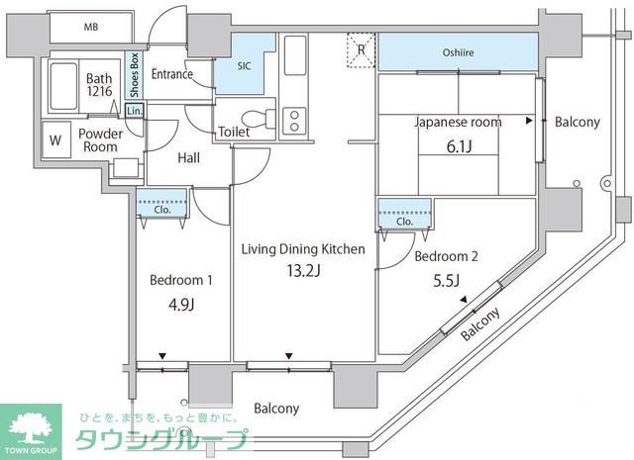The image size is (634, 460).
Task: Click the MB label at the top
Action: [91, 27]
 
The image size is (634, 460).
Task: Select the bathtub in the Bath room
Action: [63, 86]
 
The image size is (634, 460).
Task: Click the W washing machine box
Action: [55, 139]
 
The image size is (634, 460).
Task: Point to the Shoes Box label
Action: [135, 75]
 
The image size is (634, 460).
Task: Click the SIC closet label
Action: [244, 66]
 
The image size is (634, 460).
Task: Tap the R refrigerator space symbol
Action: [361, 50]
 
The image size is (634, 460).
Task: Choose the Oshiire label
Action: [458, 52]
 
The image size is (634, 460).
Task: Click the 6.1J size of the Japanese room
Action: [459, 146]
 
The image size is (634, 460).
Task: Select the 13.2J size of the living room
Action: [303, 271]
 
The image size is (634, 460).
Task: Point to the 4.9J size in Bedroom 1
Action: [181, 304]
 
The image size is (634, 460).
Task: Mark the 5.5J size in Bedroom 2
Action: [446, 280]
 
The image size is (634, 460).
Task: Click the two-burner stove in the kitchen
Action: [294, 121]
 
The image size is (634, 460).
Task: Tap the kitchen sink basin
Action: [295, 55]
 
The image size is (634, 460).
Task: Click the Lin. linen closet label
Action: [135, 111]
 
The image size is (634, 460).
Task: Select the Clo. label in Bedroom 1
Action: [162, 210]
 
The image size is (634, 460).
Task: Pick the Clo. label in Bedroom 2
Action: [404, 222]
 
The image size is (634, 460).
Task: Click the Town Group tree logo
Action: [31, 429]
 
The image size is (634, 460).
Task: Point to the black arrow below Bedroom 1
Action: [162, 356]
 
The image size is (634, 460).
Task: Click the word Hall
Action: [188, 158]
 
